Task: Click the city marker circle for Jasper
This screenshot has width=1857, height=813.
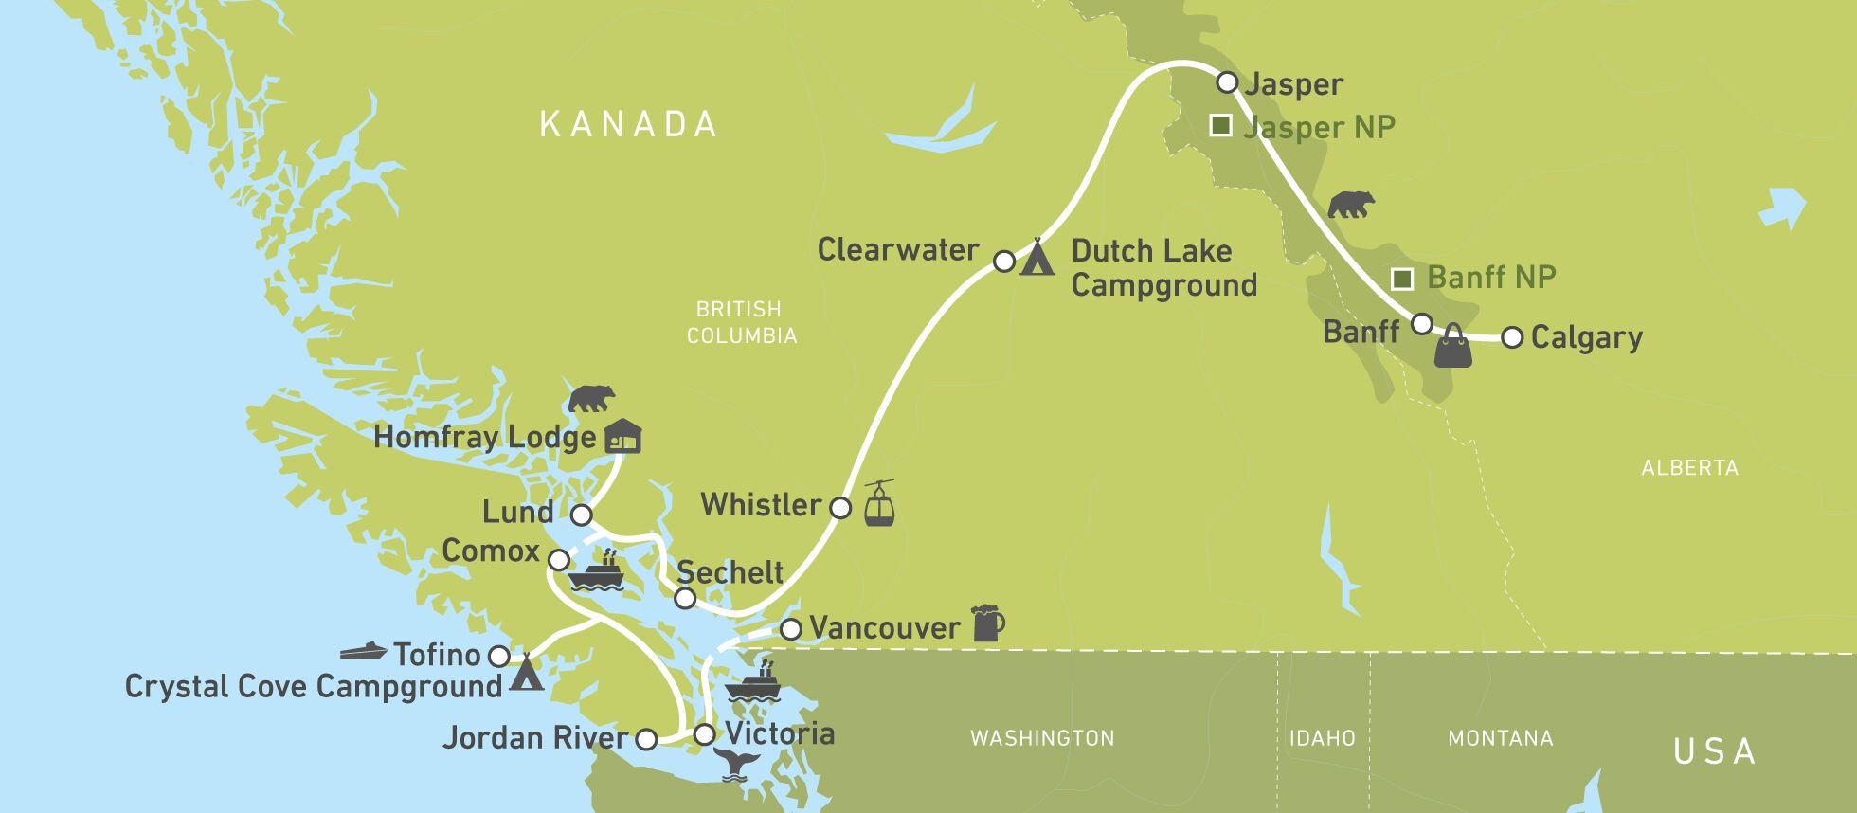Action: tap(1227, 82)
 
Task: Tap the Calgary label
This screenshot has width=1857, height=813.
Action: tap(1586, 338)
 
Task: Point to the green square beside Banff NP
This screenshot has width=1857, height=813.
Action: tap(1402, 279)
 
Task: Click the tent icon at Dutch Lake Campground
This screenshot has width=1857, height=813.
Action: tap(1038, 257)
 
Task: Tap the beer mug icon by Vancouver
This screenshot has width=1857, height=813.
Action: tap(987, 623)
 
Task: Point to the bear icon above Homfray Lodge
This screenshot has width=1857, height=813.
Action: tap(591, 399)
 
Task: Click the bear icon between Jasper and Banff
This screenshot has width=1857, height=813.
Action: tap(1351, 204)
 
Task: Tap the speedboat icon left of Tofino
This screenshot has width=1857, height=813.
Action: tap(364, 651)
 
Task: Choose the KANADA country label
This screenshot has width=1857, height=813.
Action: tap(628, 124)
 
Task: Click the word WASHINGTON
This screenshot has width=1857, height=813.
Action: tap(1042, 738)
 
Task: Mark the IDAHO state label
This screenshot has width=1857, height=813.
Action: tap(1322, 738)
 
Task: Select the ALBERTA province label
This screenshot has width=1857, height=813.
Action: tap(1689, 467)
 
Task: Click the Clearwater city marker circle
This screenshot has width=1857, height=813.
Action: tap(1004, 261)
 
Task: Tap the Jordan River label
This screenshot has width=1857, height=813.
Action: tap(535, 738)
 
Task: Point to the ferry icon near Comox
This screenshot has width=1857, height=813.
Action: tap(595, 572)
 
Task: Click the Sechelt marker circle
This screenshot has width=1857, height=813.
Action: tap(685, 599)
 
